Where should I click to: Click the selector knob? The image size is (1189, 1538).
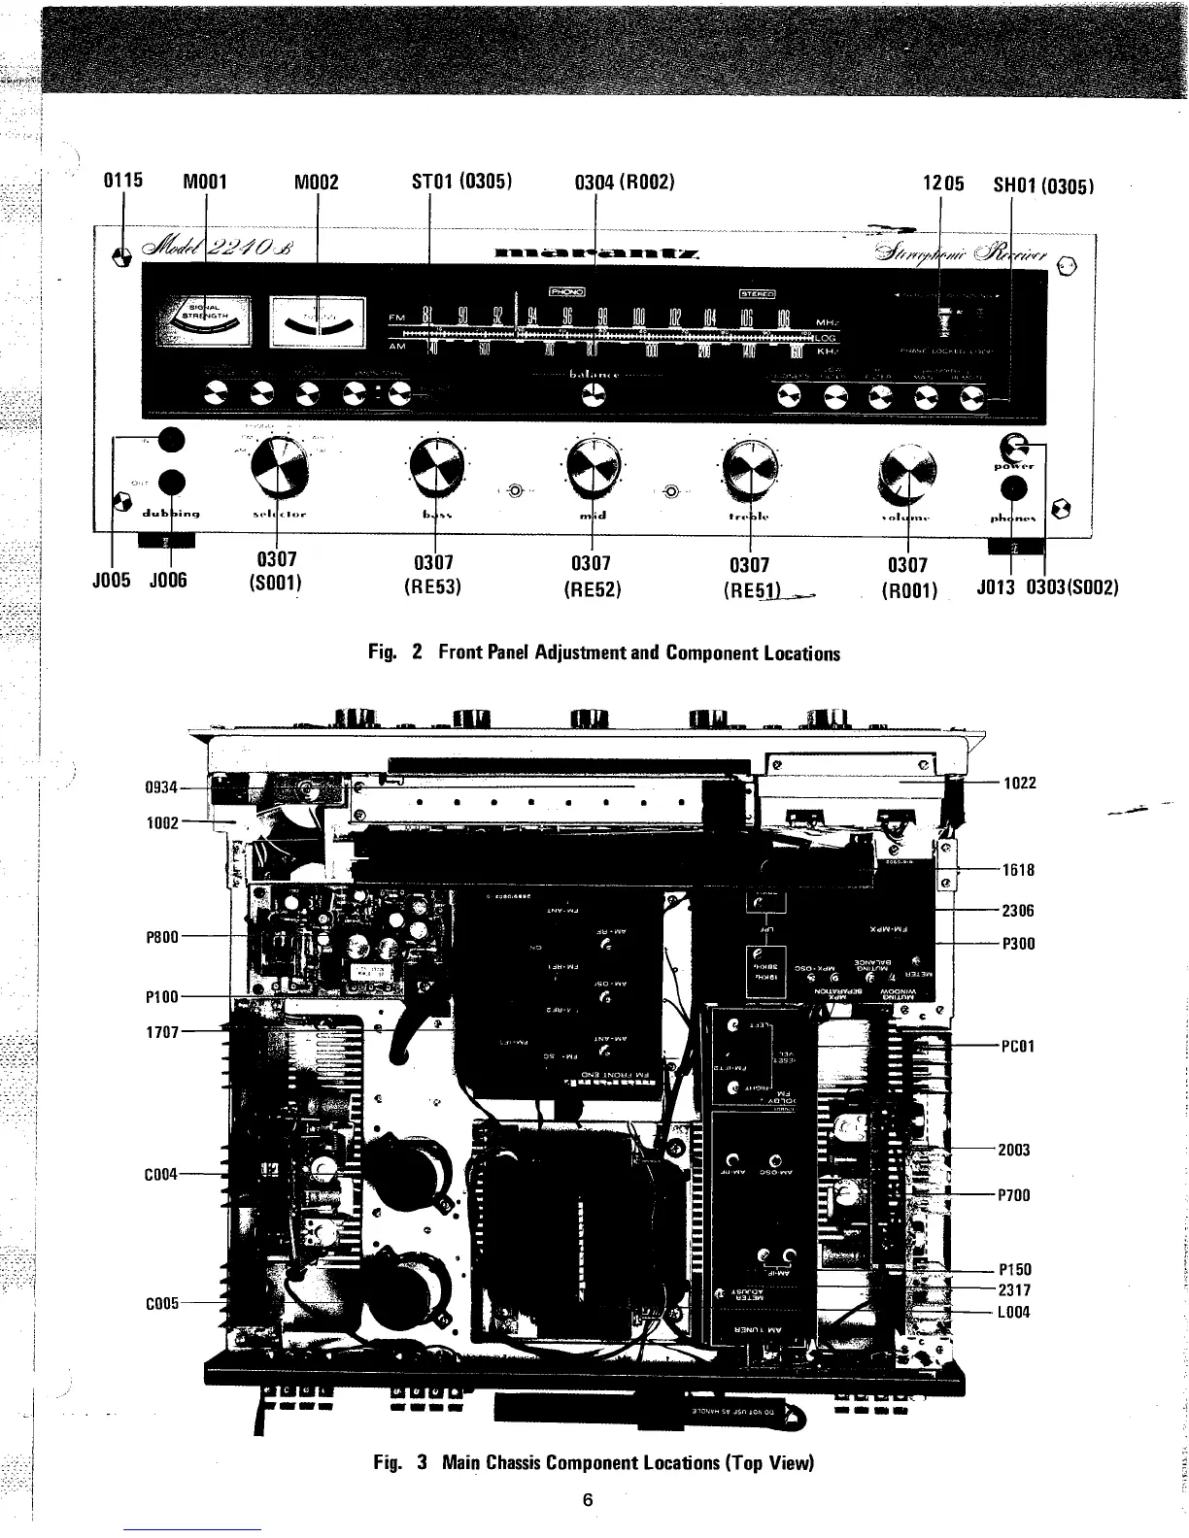pyautogui.click(x=278, y=465)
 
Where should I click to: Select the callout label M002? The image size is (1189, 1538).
pyautogui.click(x=316, y=182)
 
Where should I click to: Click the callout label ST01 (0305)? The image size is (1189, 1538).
pyautogui.click(x=463, y=181)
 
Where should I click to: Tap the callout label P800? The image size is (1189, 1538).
pyautogui.click(x=162, y=937)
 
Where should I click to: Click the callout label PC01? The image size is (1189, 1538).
pyautogui.click(x=1018, y=1046)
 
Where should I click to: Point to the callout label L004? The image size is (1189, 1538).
pyautogui.click(x=1014, y=1312)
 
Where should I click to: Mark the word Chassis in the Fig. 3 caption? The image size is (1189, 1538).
pyautogui.click(x=576, y=1462)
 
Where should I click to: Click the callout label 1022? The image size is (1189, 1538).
pyautogui.click(x=1020, y=783)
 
